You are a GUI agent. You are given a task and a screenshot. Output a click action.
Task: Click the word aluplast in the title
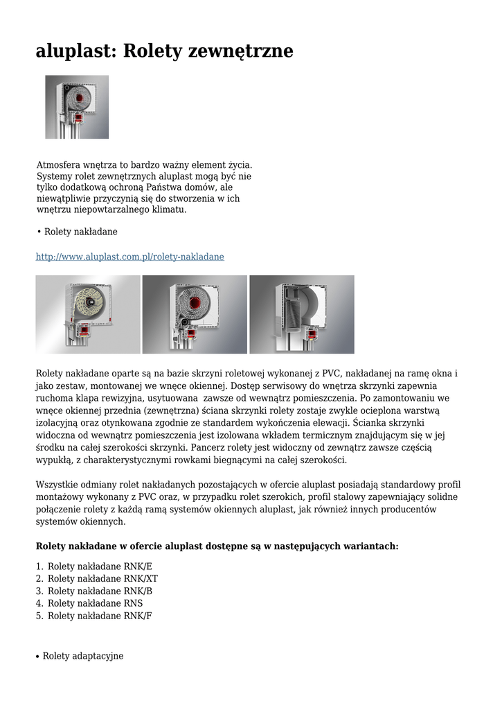(75, 51)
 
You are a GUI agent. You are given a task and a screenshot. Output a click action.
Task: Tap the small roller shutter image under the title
(77, 107)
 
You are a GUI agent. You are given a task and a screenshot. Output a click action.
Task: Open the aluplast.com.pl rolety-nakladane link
(130, 257)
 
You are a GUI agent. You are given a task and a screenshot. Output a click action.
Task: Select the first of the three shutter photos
(88, 315)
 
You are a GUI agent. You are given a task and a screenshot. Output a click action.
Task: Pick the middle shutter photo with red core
(195, 315)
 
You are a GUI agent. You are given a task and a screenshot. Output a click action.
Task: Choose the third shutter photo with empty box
(302, 315)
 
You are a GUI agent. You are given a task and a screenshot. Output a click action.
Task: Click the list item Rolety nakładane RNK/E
(100, 566)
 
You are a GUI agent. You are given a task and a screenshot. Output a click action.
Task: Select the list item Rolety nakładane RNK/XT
(102, 579)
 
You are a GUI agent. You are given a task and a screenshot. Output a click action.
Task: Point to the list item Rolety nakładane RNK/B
(100, 591)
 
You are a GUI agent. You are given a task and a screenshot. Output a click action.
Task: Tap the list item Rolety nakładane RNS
(95, 604)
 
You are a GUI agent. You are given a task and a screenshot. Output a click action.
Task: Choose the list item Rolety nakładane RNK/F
(100, 616)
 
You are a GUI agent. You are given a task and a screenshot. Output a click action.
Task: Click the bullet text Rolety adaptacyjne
(83, 656)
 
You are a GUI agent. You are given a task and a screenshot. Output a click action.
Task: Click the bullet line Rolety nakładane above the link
(81, 232)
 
